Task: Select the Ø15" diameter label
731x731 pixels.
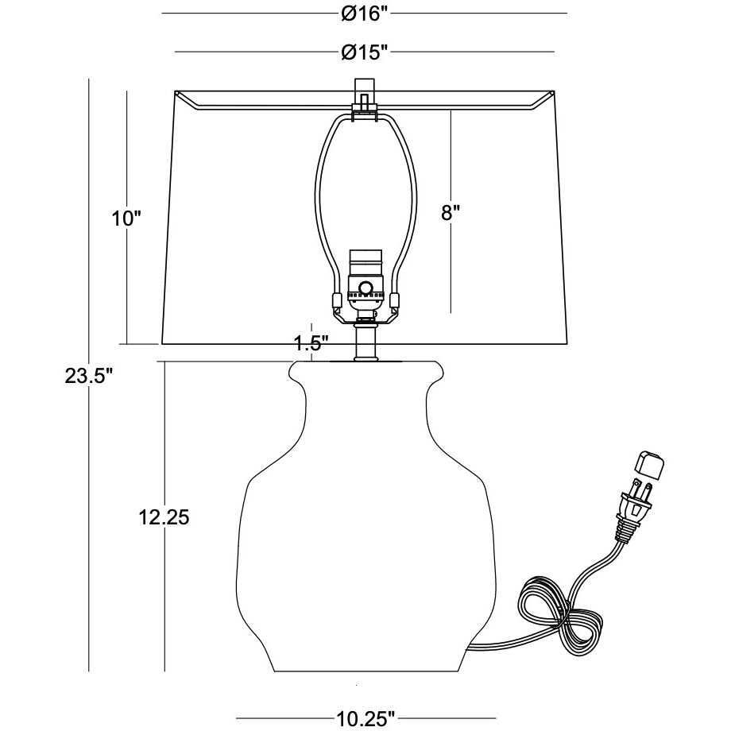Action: (365, 52)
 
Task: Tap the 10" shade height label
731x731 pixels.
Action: (126, 218)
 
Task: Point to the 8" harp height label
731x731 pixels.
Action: (451, 212)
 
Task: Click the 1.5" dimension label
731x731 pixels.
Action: (311, 343)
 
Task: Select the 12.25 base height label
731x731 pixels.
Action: (164, 517)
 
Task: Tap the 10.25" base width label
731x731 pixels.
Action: (365, 719)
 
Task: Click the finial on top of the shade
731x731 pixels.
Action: (364, 94)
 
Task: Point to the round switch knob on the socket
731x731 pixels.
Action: (365, 288)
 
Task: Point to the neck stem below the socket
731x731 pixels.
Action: (365, 340)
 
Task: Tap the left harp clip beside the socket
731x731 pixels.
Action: (336, 301)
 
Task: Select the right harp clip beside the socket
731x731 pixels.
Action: (394, 301)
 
